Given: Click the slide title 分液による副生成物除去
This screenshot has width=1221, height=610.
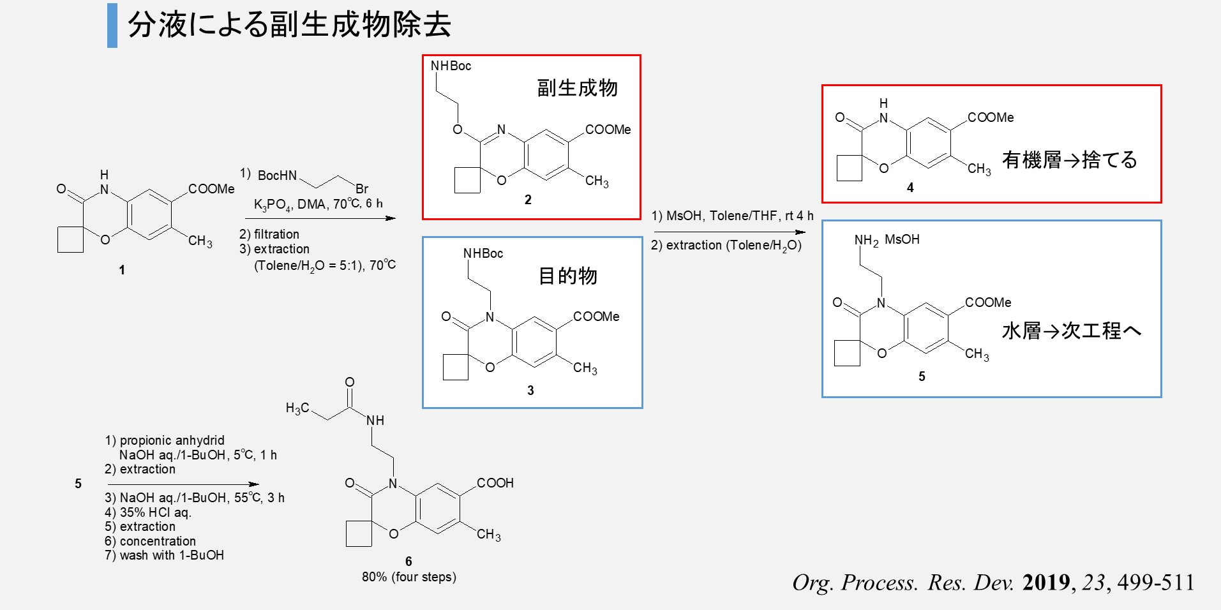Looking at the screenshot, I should (x=289, y=26).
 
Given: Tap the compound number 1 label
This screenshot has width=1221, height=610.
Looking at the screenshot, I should (x=122, y=270).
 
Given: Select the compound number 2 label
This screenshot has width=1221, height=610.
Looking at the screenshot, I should (x=528, y=200).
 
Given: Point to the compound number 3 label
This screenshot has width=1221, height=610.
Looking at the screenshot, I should (x=530, y=391).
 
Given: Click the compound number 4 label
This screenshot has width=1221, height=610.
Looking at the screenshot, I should (x=910, y=188).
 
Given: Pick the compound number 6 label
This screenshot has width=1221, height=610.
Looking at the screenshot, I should (x=408, y=562).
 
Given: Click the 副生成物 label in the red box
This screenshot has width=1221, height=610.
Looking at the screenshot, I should (x=577, y=88).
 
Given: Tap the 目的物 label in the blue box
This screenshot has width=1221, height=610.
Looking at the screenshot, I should (x=567, y=276).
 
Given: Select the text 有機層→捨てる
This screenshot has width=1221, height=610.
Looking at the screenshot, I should (x=1069, y=160).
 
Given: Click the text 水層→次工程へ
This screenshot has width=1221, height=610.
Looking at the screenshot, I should (x=1071, y=331).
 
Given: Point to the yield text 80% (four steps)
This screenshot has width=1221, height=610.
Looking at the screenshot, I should (x=409, y=577).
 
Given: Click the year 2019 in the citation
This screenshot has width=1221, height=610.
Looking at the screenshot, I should (x=1045, y=583).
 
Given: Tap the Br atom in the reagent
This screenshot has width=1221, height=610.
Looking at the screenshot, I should (x=362, y=189).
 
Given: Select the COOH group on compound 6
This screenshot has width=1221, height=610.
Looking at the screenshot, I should (x=495, y=483).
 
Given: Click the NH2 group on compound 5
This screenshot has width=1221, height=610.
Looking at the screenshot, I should (x=866, y=241).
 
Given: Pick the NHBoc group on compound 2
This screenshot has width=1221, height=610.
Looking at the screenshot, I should (x=451, y=66).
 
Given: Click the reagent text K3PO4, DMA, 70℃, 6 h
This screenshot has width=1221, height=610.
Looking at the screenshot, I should (x=318, y=204).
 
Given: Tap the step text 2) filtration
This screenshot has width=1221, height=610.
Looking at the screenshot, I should (x=269, y=234).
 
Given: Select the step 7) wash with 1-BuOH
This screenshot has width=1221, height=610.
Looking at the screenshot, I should (x=165, y=555).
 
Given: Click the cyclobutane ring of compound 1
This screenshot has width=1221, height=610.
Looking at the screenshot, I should (x=71, y=240).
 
